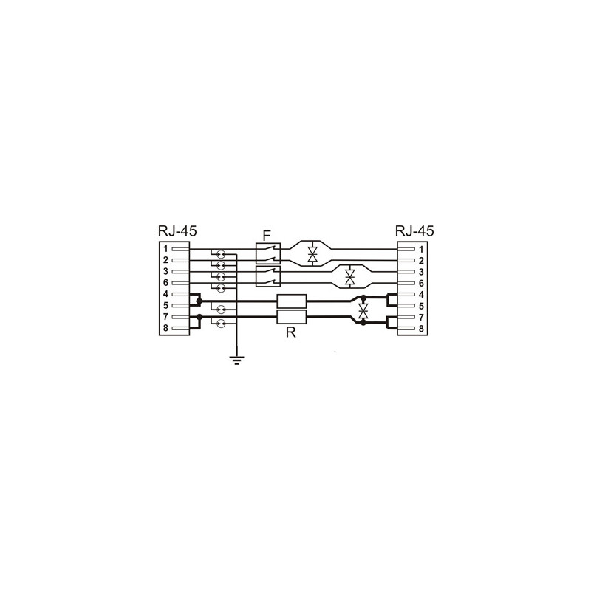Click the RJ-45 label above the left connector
click(177, 230)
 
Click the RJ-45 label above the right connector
click(414, 230)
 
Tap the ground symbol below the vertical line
click(236, 361)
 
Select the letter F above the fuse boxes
click(267, 236)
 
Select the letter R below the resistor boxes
click(290, 333)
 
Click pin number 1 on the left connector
click(165, 249)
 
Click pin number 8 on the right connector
click(421, 327)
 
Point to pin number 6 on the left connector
click(165, 283)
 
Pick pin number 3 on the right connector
click(421, 272)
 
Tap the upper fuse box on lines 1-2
click(267, 255)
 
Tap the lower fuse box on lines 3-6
click(267, 277)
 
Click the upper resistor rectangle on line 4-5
click(291, 301)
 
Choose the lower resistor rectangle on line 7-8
click(291, 318)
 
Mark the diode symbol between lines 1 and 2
click(312, 255)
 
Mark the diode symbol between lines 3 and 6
click(350, 278)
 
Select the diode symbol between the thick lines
click(363, 310)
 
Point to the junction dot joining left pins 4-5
click(199, 301)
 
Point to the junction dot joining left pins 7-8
click(199, 318)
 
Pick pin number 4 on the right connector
click(421, 294)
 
